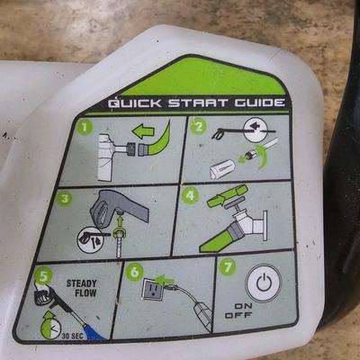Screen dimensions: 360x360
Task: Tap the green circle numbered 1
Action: pos(85,127)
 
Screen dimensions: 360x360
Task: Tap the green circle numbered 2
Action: pos(199,127)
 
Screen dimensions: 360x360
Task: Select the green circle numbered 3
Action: pos(64,197)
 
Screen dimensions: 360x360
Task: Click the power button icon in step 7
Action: pos(262,284)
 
